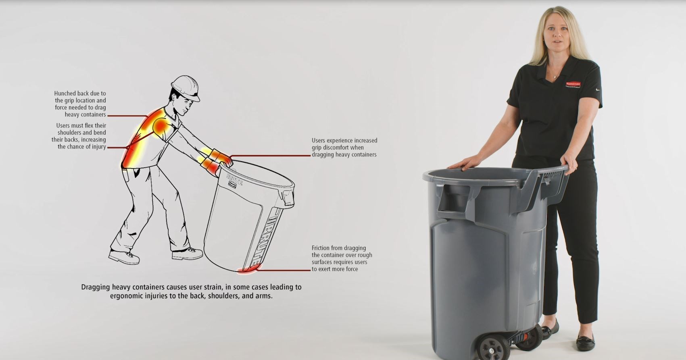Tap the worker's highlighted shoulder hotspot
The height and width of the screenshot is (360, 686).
tap(161, 126)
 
